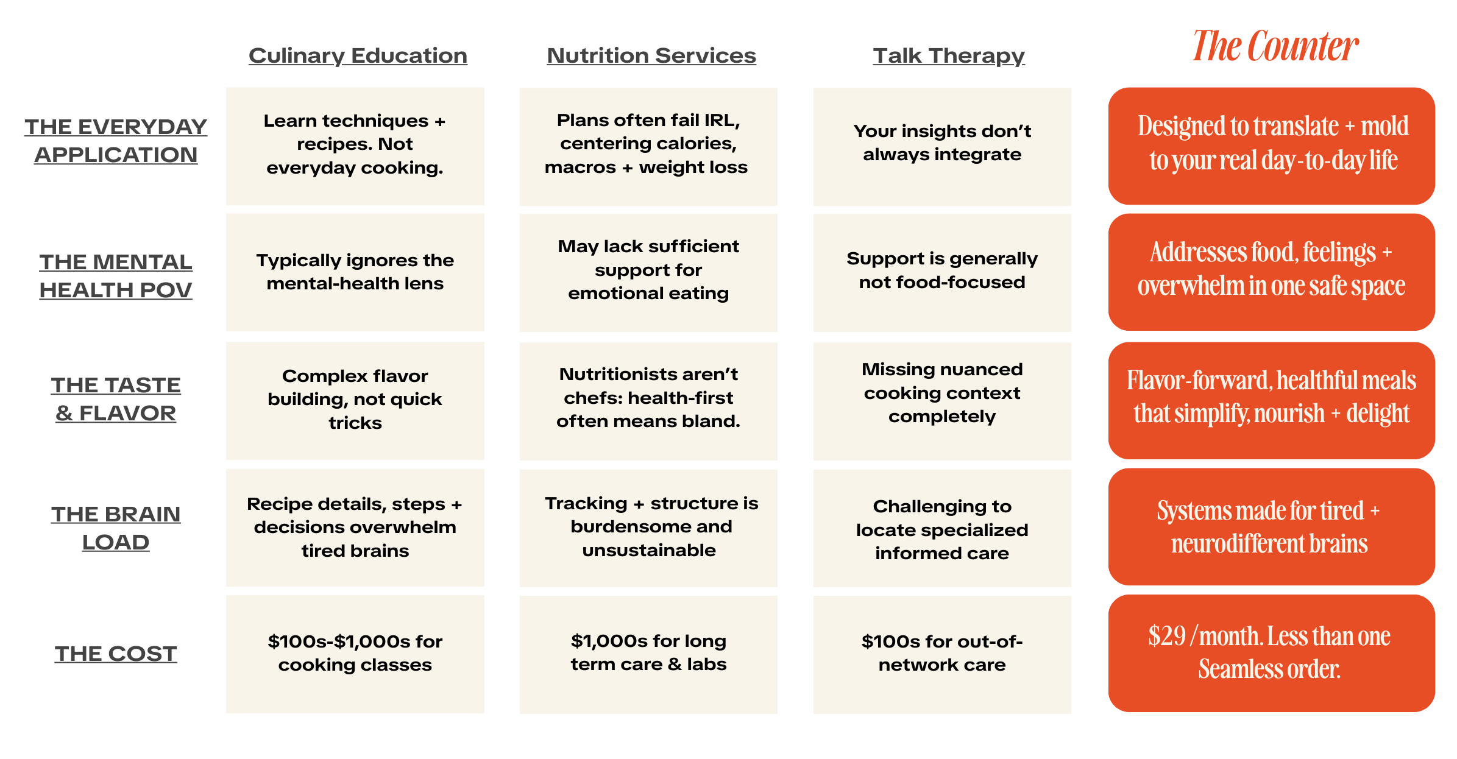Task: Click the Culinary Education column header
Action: click(358, 55)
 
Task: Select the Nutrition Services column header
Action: click(651, 55)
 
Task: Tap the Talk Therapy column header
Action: click(949, 55)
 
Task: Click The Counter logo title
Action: click(1275, 46)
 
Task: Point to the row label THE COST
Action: click(116, 654)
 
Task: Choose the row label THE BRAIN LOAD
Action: click(116, 528)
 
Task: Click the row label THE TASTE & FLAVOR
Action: click(116, 399)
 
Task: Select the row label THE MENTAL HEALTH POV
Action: click(116, 276)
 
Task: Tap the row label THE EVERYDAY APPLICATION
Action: click(116, 141)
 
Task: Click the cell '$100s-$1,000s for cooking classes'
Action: click(355, 654)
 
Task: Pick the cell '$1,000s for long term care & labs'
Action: click(648, 654)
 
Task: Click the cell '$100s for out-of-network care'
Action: click(942, 654)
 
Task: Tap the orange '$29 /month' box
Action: click(1272, 653)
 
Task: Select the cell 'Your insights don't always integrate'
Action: click(942, 146)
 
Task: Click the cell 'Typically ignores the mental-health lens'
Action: click(355, 272)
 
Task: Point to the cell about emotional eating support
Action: click(648, 272)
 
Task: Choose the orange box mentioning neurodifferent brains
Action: click(1272, 527)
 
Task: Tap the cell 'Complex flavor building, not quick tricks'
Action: click(355, 401)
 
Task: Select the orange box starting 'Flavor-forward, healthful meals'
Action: click(1272, 400)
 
